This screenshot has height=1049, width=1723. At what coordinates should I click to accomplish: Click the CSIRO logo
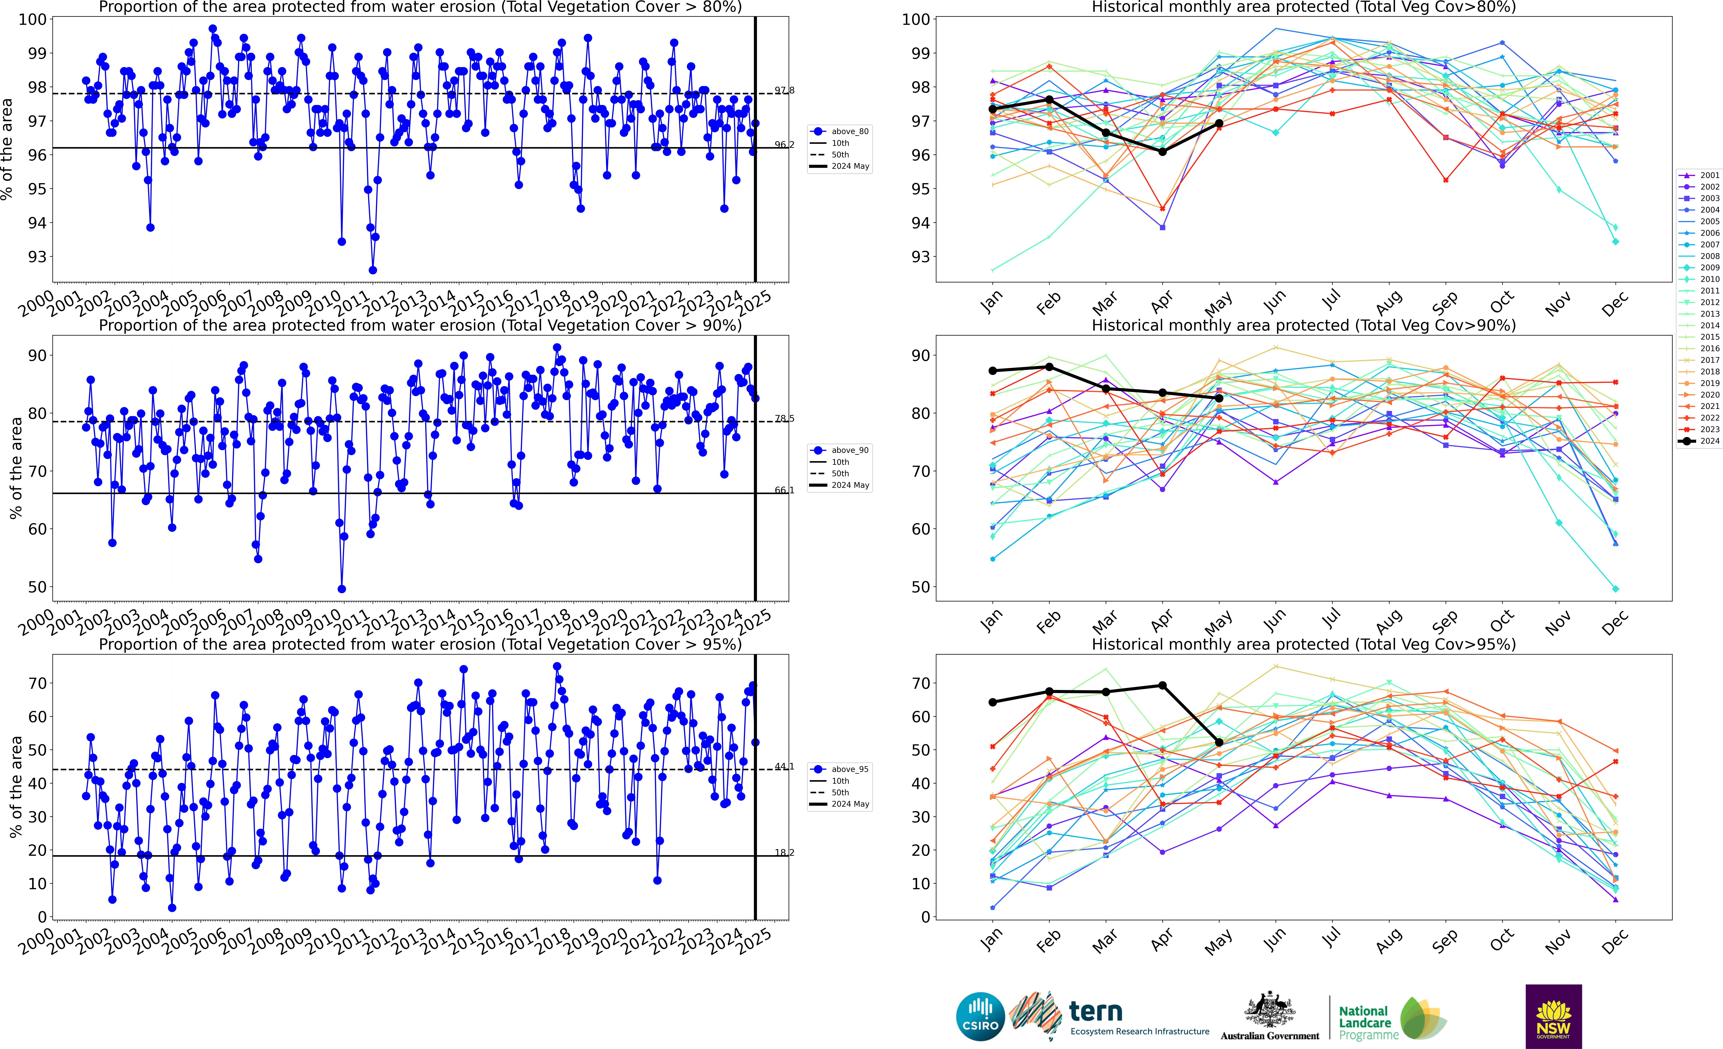tap(980, 1016)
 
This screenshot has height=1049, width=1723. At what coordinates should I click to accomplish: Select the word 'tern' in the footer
tap(1096, 1011)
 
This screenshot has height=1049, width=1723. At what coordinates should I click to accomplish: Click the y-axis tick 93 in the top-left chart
tap(37, 257)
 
